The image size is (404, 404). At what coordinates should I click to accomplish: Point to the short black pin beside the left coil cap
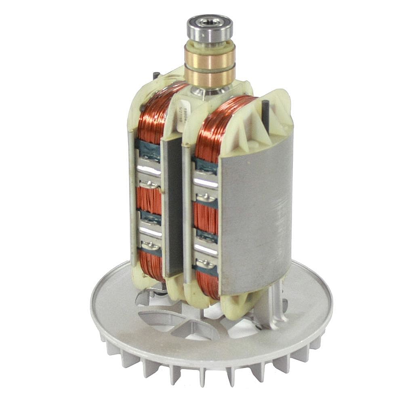156,76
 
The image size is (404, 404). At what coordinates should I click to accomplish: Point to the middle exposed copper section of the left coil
150,200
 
